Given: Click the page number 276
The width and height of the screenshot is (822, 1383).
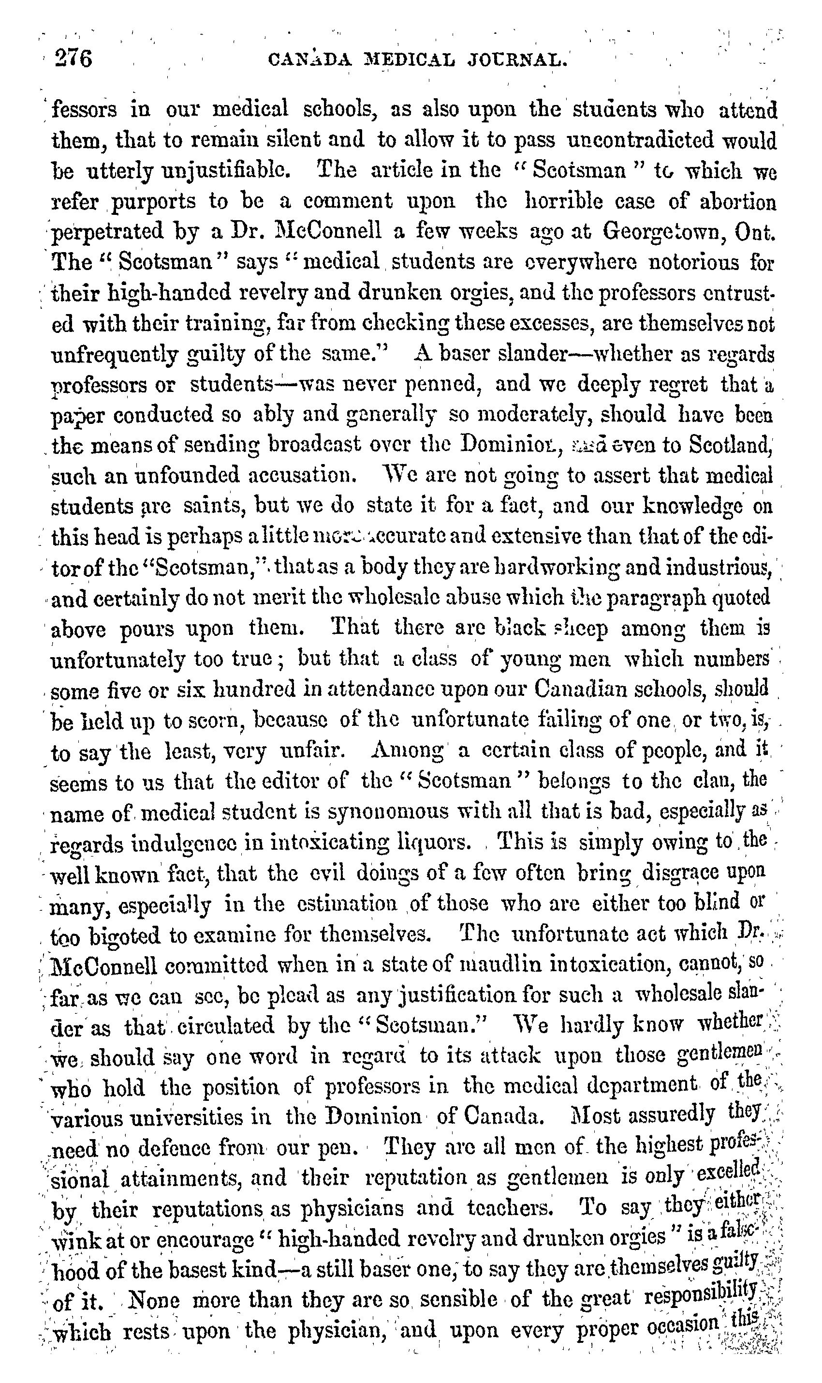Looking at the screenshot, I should tap(73, 58).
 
